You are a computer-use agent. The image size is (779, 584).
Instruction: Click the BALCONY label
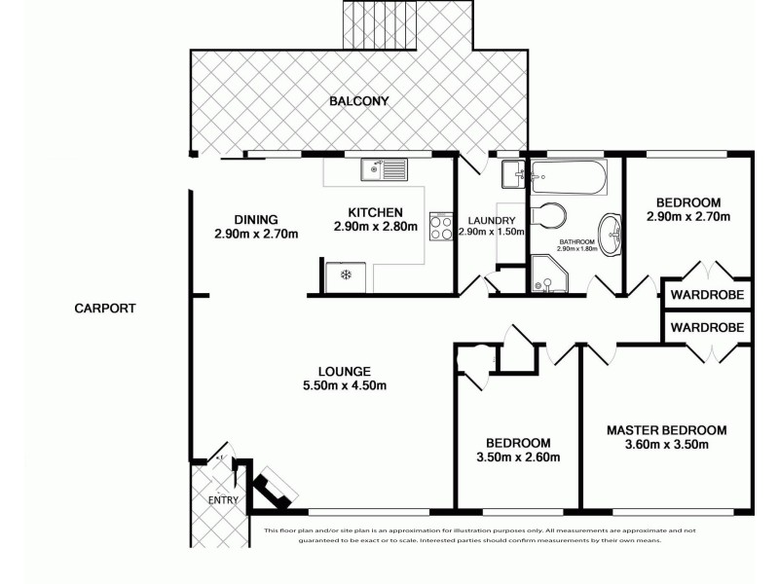point(359,100)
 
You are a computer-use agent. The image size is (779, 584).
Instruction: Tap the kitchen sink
point(383,171)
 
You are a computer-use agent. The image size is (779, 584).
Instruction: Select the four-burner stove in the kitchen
point(439,226)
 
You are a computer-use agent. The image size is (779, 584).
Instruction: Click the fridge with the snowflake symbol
point(345,274)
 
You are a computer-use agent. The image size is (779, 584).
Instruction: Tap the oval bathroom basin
point(611,233)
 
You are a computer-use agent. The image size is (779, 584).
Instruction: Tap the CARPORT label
point(104,309)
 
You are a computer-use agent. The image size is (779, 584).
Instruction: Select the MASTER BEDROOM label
point(666,429)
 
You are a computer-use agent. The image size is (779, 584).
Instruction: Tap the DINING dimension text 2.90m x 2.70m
point(255,234)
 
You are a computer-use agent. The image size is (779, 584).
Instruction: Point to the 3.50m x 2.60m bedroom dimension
point(519,456)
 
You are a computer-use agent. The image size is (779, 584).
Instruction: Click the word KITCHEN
point(375,212)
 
